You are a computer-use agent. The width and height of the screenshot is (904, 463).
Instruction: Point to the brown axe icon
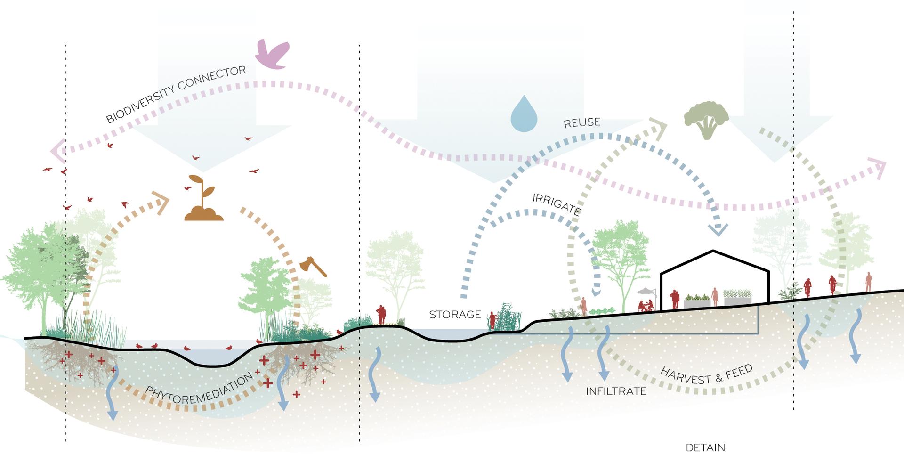click(x=313, y=267)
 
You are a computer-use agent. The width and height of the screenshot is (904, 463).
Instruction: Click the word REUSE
click(x=582, y=123)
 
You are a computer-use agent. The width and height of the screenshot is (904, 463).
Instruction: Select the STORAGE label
click(x=455, y=315)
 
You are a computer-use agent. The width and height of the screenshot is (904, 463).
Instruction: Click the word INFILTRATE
click(x=616, y=391)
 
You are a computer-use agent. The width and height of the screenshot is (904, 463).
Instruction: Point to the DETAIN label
click(x=705, y=447)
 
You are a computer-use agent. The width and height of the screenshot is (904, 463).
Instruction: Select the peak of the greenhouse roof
click(x=713, y=251)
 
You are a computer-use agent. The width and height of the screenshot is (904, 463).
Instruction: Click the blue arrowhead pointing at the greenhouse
click(x=718, y=229)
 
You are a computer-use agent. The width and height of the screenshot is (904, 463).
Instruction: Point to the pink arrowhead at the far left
click(x=57, y=151)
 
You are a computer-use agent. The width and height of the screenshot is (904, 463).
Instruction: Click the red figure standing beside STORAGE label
click(x=492, y=320)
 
